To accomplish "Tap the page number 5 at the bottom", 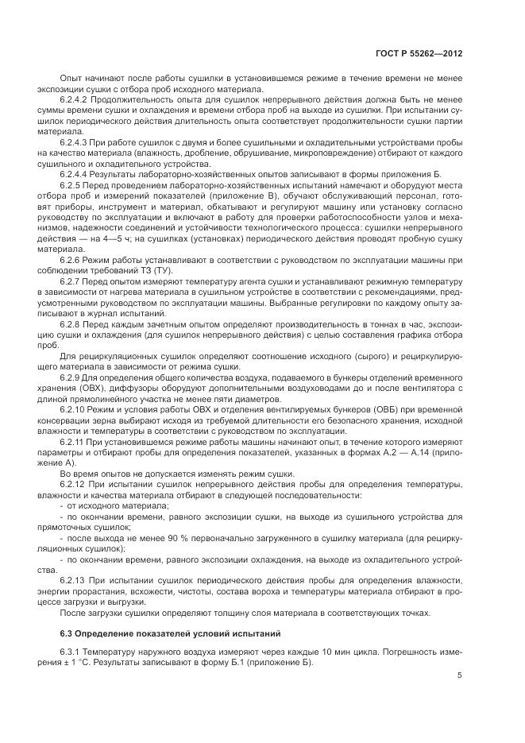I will [x=460, y=676].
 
